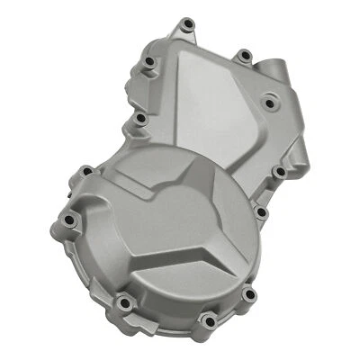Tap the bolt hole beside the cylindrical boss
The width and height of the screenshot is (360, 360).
242,58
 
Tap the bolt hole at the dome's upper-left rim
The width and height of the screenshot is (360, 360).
86,169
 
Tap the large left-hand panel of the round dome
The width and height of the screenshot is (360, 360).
135,225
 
